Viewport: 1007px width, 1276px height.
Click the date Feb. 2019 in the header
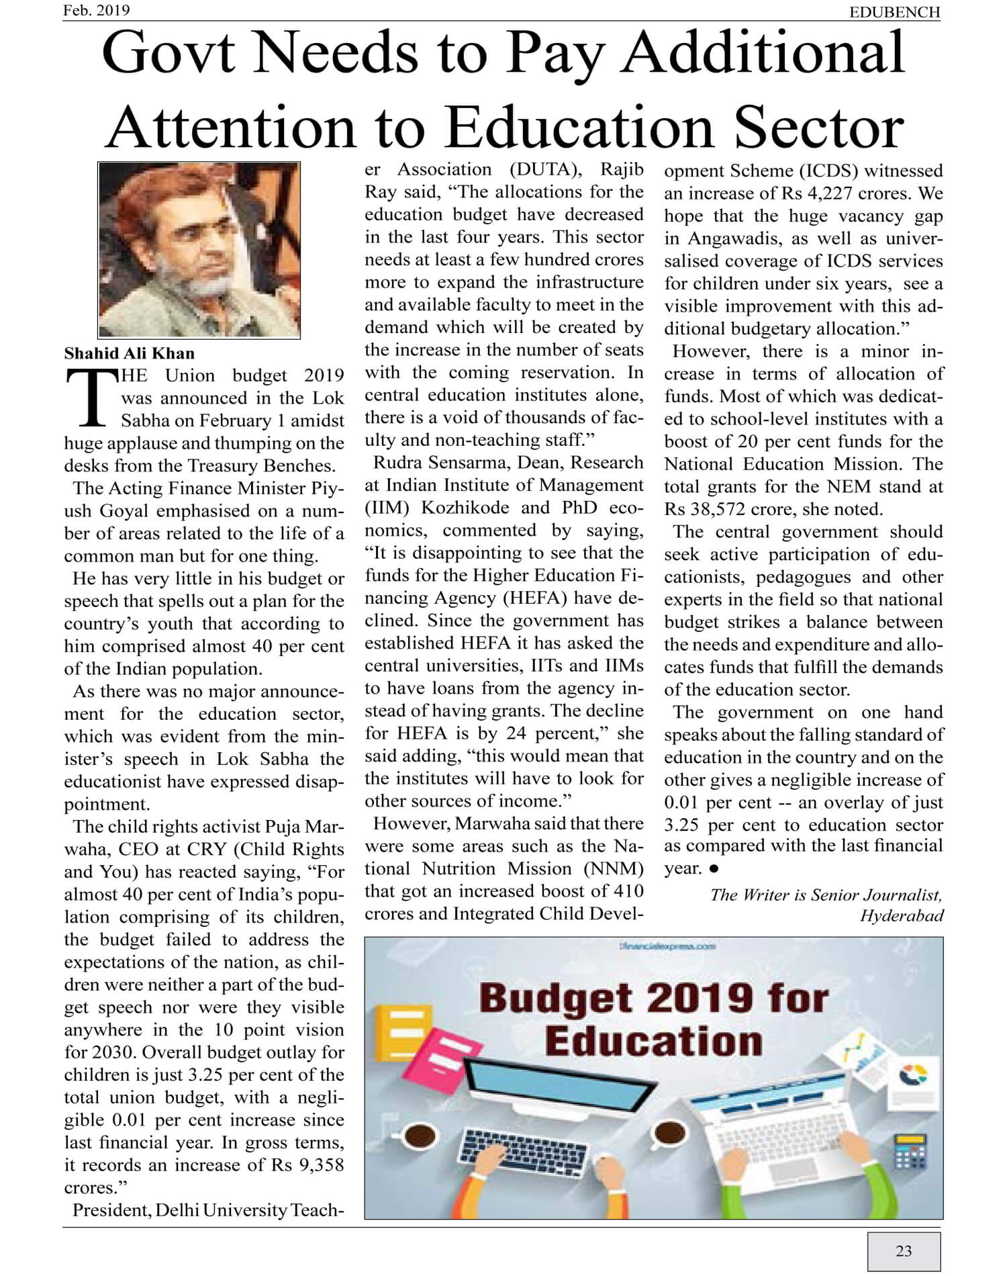coord(97,10)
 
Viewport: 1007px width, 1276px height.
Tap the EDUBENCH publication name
coord(894,12)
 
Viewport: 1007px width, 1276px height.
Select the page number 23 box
coord(904,1250)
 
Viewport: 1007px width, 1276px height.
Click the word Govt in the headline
coord(168,54)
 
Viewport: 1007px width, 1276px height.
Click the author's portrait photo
coord(199,250)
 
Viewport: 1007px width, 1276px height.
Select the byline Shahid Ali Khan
coord(129,353)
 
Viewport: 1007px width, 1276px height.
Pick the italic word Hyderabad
coord(902,915)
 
